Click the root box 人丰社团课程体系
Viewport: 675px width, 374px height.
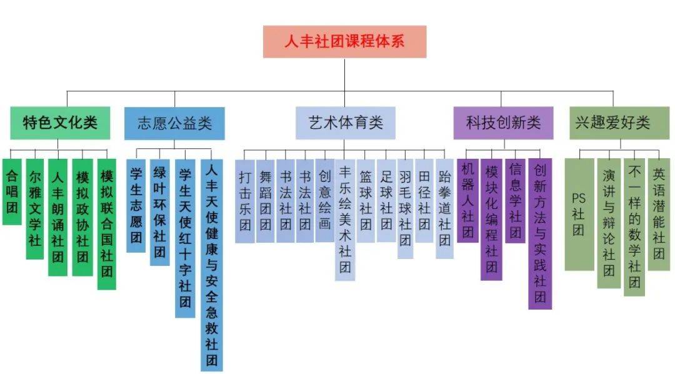(344, 42)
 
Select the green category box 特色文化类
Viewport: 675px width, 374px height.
(60, 123)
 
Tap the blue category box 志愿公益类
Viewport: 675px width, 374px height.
(174, 123)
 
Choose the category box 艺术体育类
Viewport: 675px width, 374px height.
(346, 123)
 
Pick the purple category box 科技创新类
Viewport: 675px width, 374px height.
(503, 123)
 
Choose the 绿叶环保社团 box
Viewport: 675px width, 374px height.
(159, 212)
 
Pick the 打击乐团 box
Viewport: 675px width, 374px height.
(246, 201)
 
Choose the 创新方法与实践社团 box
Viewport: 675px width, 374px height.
(540, 233)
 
